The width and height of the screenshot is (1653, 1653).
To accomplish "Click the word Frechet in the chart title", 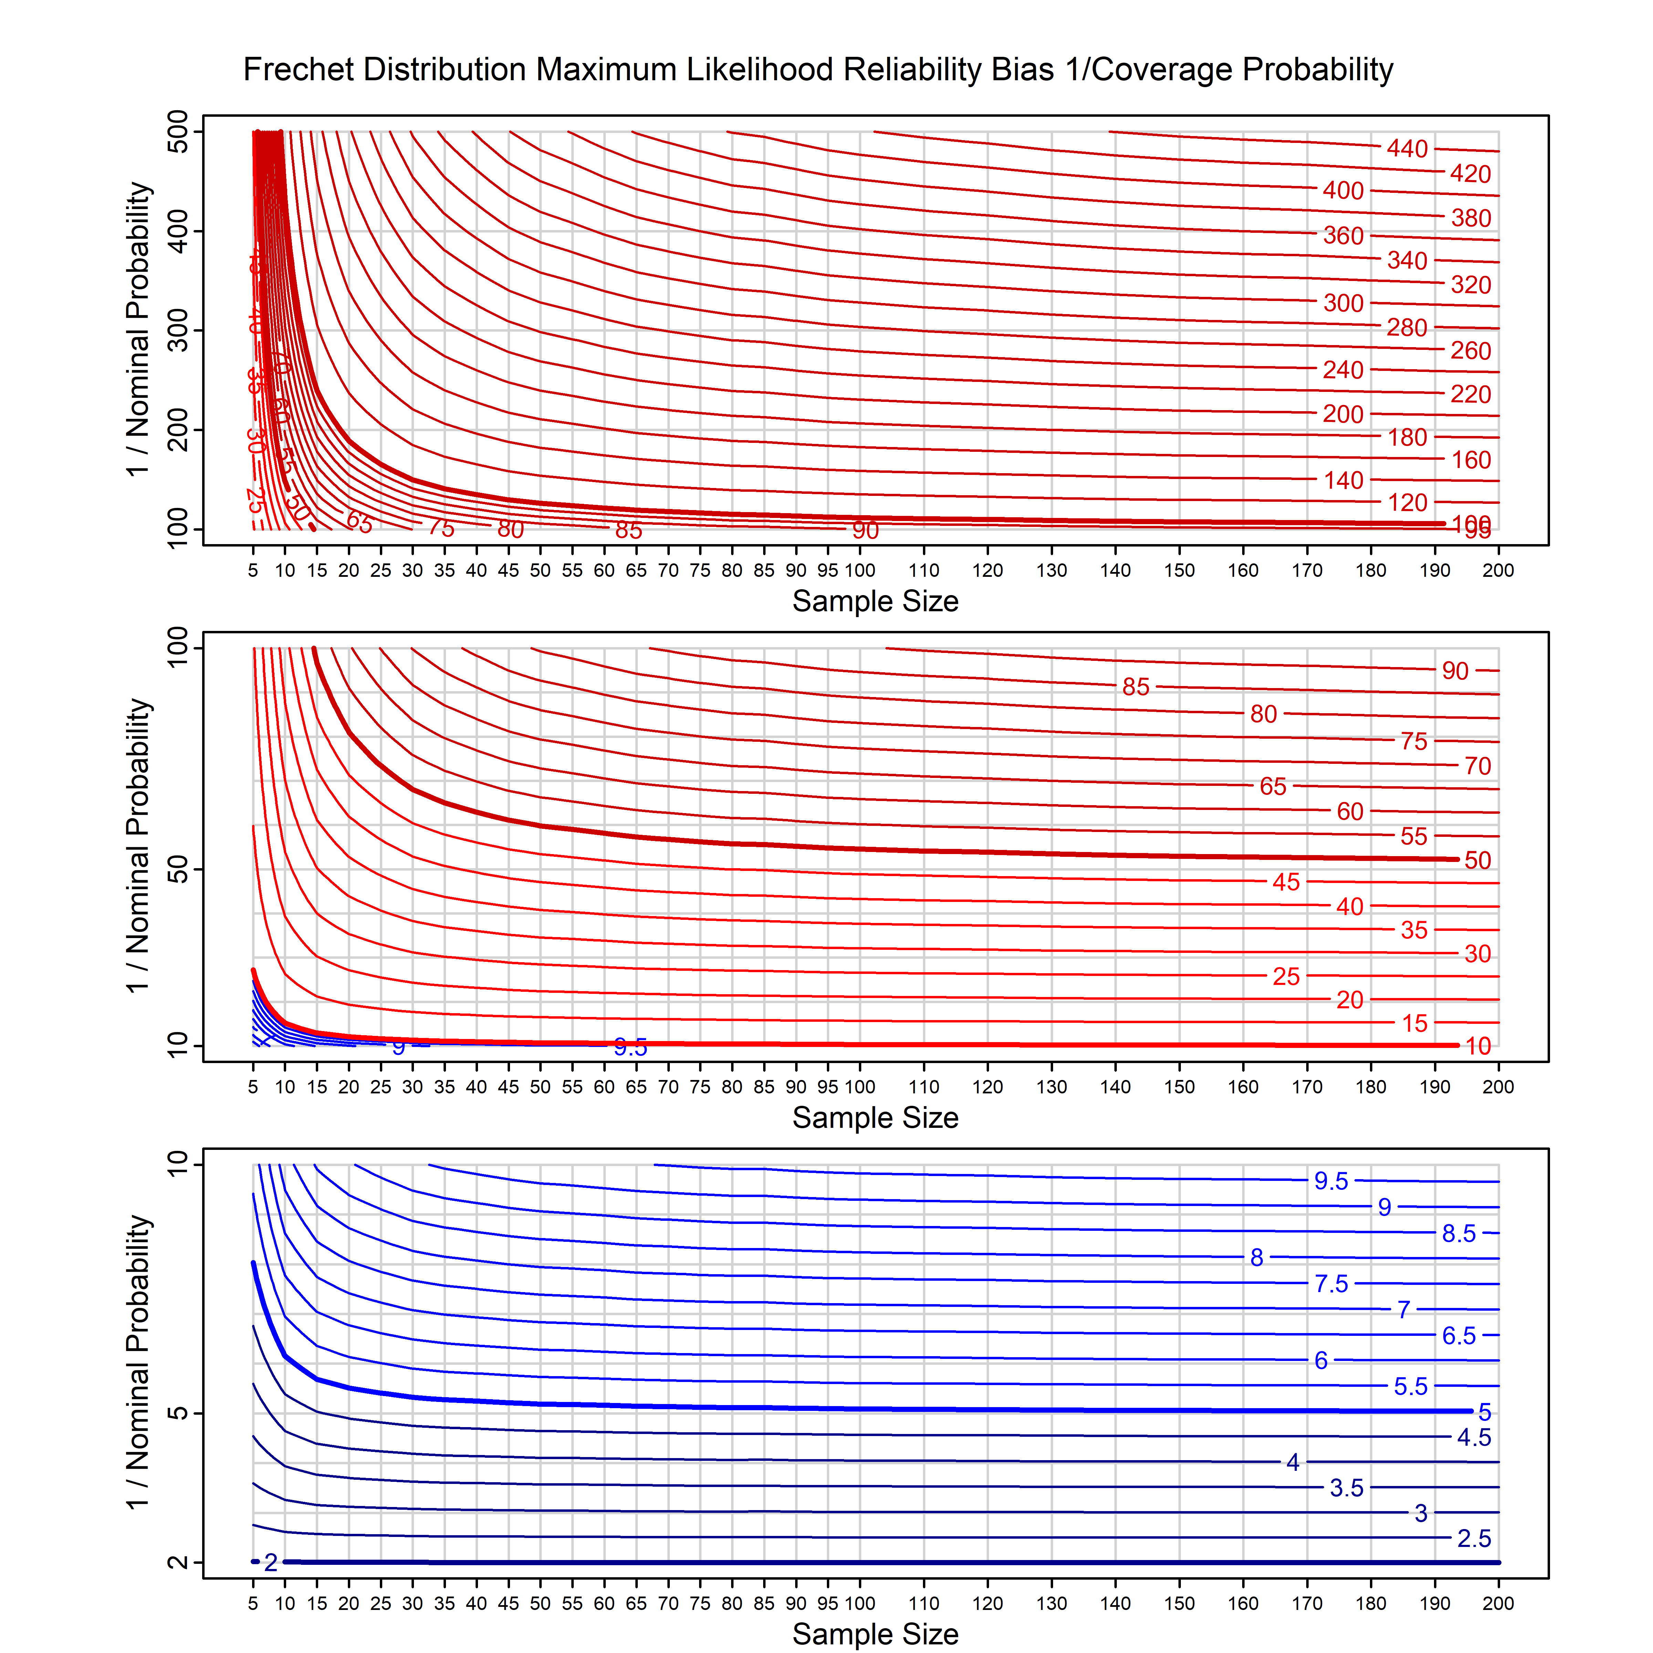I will coord(299,69).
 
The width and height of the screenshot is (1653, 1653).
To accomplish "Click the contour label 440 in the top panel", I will coord(1406,149).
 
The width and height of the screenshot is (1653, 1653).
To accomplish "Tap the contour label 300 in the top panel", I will coord(1342,303).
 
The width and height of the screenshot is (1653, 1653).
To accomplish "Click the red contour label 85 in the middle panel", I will coord(1135,687).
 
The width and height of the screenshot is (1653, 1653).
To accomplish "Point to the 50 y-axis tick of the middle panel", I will coord(178,870).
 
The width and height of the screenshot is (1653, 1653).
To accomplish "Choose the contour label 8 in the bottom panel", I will coord(1256,1258).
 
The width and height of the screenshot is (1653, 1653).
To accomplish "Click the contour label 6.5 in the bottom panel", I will coord(1459,1335).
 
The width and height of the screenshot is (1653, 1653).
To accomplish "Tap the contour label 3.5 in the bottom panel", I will coord(1346,1488).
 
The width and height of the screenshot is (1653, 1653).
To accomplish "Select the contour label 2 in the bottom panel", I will coord(270,1563).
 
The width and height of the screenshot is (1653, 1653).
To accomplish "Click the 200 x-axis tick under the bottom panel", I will coord(1498,1603).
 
